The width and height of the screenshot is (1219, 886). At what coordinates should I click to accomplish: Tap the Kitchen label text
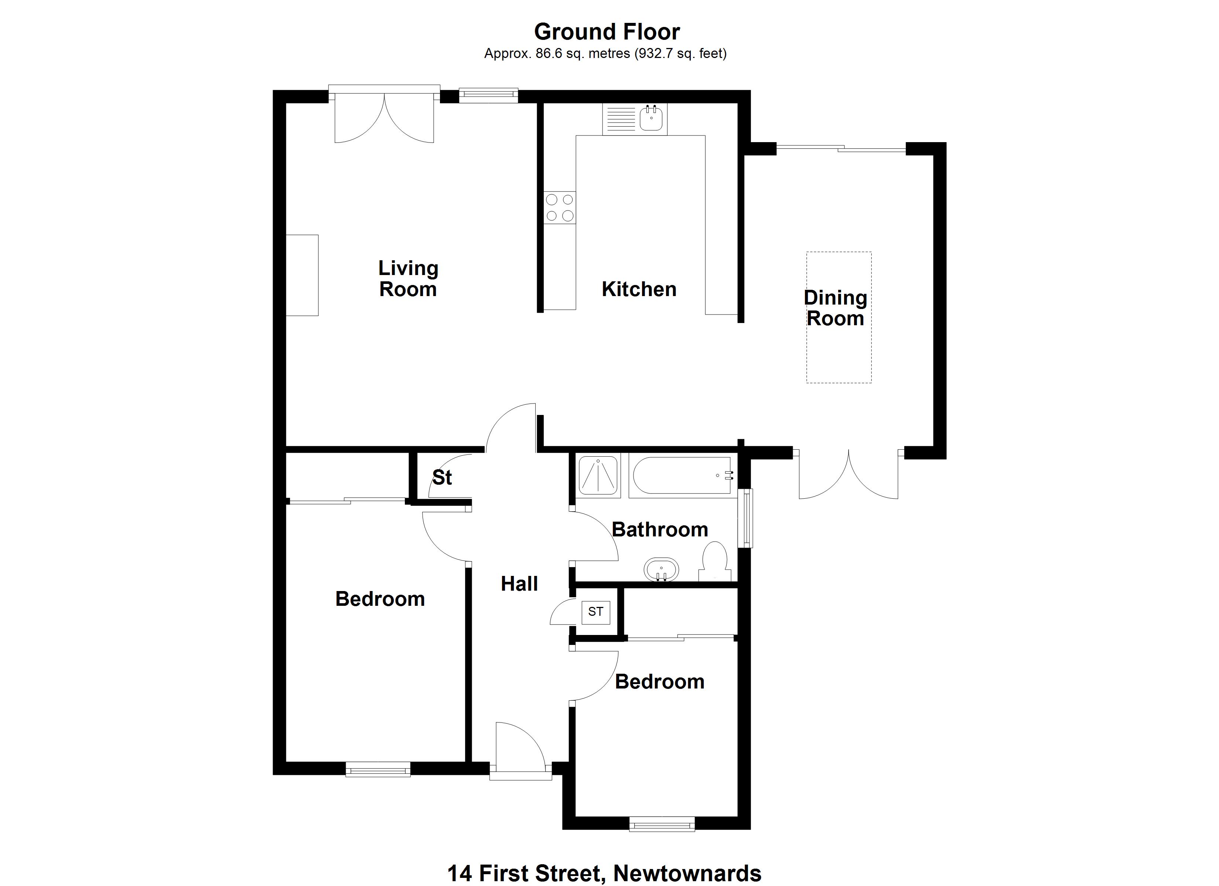pos(639,289)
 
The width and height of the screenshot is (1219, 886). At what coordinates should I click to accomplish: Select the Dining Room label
pos(835,308)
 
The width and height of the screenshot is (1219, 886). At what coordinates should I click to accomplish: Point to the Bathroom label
pos(660,530)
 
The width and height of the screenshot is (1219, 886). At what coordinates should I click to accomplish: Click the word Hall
pos(519,584)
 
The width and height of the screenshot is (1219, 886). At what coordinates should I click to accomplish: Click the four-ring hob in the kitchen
pos(560,208)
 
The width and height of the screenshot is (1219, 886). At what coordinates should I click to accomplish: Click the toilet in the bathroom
pos(715,562)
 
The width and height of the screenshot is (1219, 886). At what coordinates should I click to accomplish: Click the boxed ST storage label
pos(595,612)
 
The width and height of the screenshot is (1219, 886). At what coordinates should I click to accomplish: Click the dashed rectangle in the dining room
pos(839,317)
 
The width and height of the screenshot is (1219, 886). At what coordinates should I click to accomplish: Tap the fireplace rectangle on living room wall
pos(302,275)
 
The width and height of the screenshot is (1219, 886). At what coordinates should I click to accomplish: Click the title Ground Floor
pos(607,32)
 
